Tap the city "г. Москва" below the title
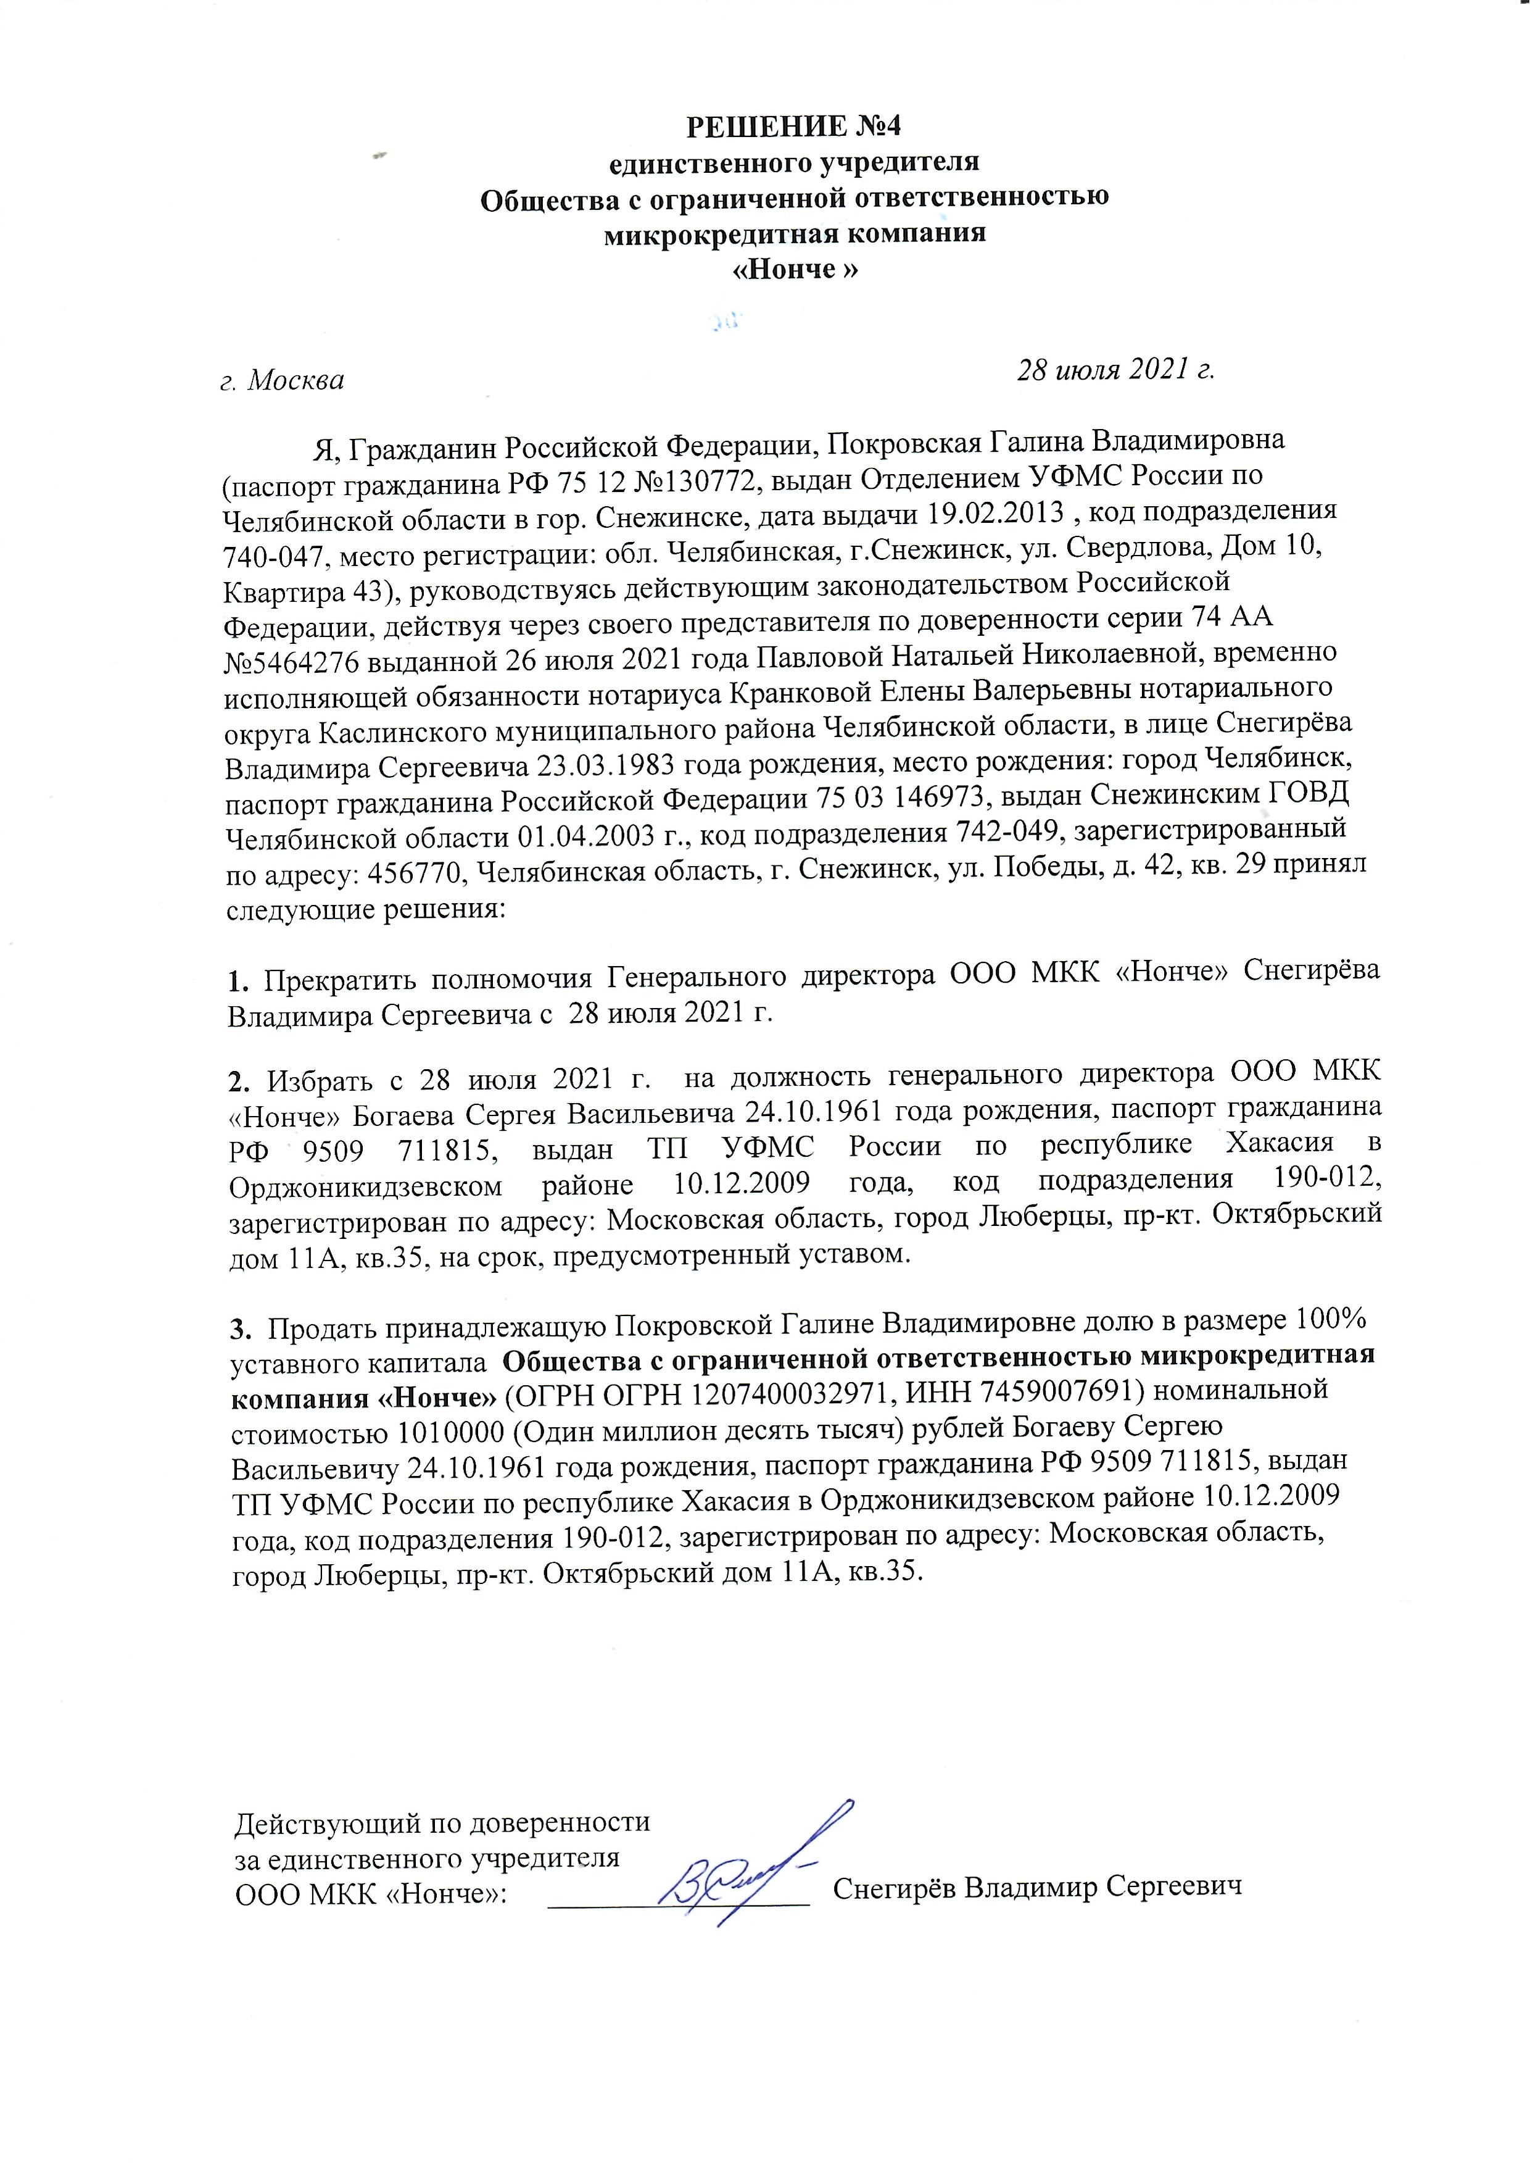pyautogui.click(x=282, y=381)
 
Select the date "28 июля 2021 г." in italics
pyautogui.click(x=1117, y=370)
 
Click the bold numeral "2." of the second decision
pyautogui.click(x=240, y=1079)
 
